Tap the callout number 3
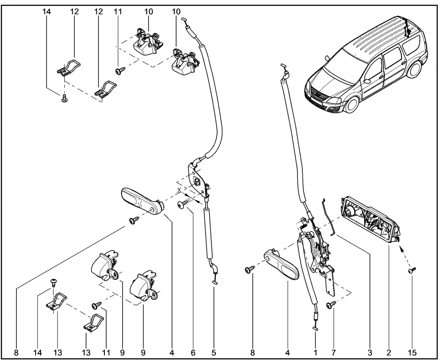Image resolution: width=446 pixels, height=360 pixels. pos(370,352)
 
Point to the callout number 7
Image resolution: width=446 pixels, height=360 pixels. pos(334,352)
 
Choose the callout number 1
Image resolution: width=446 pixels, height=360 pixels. pos(315,352)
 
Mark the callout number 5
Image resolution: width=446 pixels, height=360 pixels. pos(214,352)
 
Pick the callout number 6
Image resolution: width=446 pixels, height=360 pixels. pos(193,352)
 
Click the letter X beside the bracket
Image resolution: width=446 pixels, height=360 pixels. pos(179,190)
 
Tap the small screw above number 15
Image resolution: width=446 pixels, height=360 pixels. pos(411,270)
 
